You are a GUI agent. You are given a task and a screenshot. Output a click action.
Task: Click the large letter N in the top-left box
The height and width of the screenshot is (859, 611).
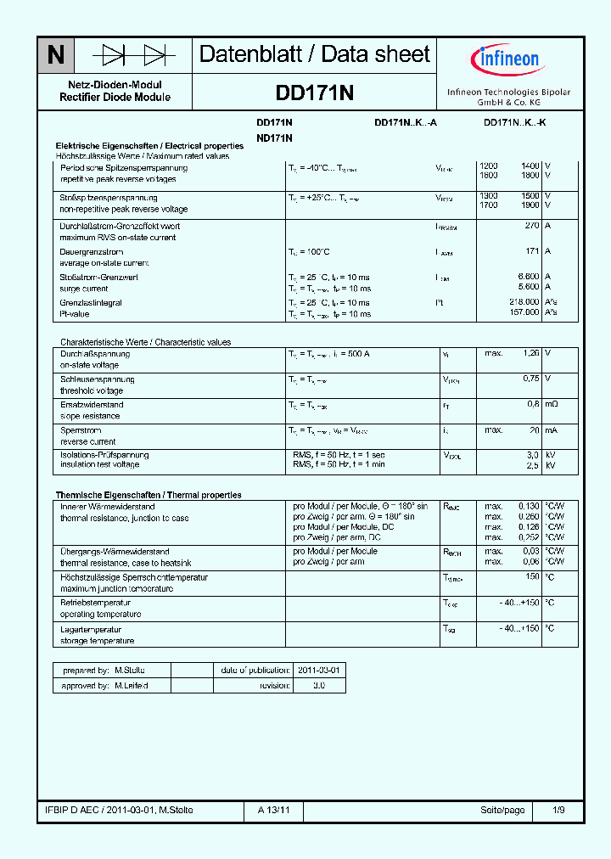pos(56,55)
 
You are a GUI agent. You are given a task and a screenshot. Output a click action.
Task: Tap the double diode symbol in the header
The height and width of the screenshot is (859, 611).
pos(133,55)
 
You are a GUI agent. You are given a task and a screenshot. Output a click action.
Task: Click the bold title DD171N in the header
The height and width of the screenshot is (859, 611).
pos(315,92)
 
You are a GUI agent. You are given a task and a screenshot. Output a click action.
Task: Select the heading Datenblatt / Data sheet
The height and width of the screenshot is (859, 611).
pos(315,54)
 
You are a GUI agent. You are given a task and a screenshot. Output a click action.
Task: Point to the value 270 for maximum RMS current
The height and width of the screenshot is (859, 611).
pos(532,227)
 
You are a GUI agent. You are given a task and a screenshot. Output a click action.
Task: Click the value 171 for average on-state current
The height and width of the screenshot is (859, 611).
pos(532,251)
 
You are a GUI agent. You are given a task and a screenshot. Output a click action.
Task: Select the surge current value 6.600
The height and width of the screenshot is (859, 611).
pos(528,277)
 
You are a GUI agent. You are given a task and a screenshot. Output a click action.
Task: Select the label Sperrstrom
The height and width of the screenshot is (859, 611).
pos(79,430)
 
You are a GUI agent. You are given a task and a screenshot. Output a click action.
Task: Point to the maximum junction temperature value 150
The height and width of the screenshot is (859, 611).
pos(532,577)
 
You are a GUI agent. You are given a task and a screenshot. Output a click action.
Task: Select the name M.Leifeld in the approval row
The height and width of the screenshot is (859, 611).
pos(131,685)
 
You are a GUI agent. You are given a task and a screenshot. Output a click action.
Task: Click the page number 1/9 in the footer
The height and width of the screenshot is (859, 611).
pos(558,810)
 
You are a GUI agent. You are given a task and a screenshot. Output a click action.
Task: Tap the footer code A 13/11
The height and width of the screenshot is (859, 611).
pos(274,810)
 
